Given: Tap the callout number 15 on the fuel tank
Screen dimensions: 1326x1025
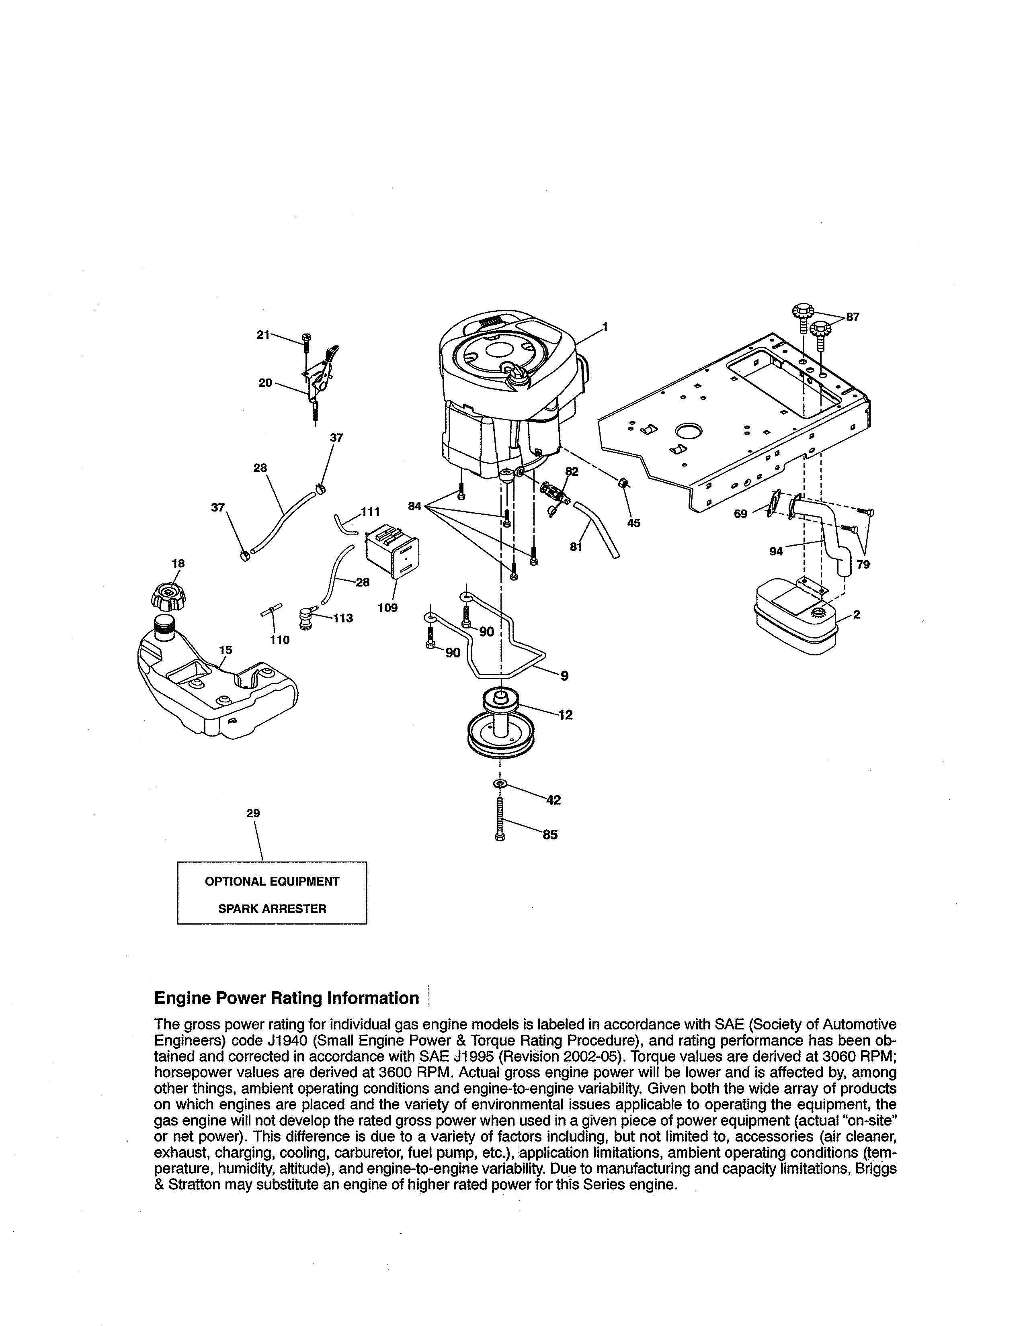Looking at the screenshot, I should click(225, 650).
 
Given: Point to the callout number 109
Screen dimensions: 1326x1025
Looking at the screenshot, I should click(387, 607).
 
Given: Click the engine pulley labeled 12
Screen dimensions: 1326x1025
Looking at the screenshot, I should click(500, 726).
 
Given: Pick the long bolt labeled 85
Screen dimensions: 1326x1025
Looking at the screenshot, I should click(500, 820).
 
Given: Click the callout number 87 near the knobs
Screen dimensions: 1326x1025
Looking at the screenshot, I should click(853, 317).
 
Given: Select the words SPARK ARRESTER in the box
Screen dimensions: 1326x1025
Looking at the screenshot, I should click(272, 909).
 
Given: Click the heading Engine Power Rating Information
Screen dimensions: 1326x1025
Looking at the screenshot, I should click(287, 998).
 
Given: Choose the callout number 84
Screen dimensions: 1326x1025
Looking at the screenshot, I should click(415, 506).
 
